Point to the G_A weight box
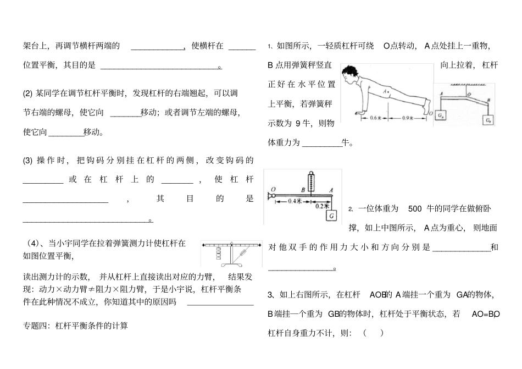pos(441,115)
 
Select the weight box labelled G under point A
pos(332,215)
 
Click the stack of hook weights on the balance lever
pos(220,254)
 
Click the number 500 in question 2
pos(415,208)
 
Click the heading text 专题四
pos(36,326)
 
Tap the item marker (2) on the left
pos(28,93)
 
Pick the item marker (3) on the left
pos(28,161)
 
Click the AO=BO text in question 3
pos(485,314)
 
